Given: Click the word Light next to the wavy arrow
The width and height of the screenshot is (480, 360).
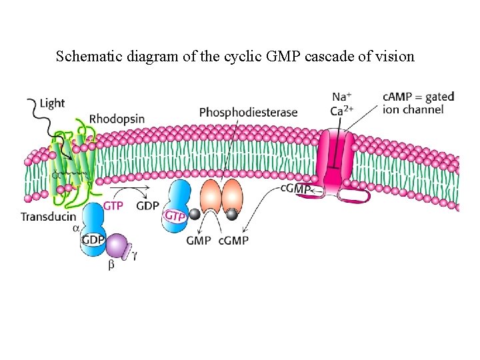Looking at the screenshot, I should click(x=52, y=103).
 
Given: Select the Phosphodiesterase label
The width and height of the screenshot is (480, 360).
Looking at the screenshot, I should click(x=248, y=112).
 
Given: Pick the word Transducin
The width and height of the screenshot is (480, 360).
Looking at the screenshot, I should click(x=49, y=217).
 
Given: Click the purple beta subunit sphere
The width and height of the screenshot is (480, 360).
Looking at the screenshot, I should click(x=117, y=246).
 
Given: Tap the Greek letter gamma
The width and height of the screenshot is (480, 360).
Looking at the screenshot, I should click(x=136, y=255).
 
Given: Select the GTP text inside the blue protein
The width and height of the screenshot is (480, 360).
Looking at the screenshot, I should click(x=175, y=215).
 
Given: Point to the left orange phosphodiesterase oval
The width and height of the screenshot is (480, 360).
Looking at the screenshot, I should click(x=209, y=196).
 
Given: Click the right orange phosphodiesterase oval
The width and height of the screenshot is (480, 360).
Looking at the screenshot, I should click(x=233, y=196).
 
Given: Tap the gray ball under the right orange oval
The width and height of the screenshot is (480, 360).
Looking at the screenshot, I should click(x=232, y=214).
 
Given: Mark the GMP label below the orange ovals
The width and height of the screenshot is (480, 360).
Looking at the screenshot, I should click(x=199, y=240).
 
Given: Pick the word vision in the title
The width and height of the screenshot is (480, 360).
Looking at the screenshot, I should click(x=396, y=56).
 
